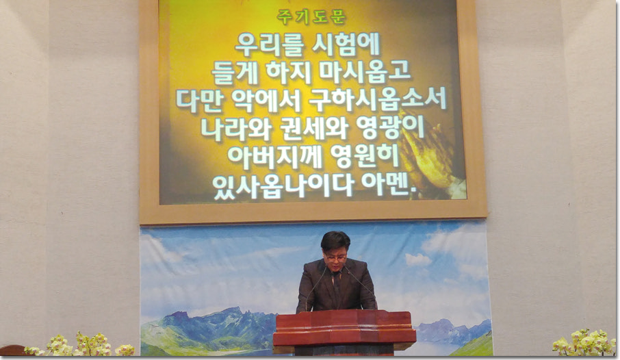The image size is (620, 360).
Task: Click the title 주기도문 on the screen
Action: pyautogui.click(x=311, y=16)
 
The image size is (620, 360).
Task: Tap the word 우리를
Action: pyautogui.click(x=269, y=44)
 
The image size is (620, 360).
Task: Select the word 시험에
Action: pyautogui.click(x=346, y=44)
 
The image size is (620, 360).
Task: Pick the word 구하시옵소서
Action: pyautogui.click(x=378, y=99)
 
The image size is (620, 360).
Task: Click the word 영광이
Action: pyautogui.click(x=390, y=127)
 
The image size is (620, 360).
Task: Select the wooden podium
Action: pyautogui.click(x=344, y=332)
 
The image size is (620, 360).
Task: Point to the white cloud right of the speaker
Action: pyautogui.click(x=418, y=259)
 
